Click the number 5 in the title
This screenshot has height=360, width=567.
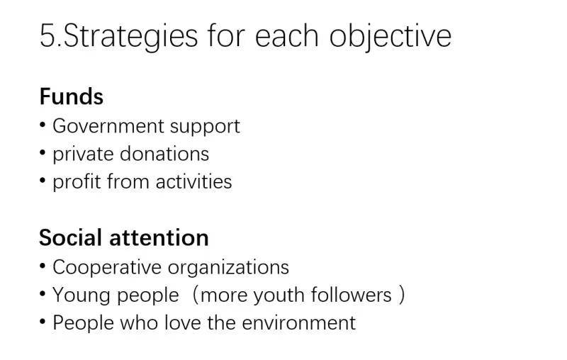(x=48, y=35)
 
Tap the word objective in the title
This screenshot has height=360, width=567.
(x=391, y=38)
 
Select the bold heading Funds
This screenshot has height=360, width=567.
(x=72, y=97)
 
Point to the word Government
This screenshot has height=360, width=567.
(x=108, y=126)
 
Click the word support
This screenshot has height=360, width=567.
(x=205, y=128)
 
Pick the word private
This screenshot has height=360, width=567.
(x=83, y=154)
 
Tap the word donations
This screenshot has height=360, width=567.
(x=164, y=154)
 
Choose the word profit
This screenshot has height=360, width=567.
(x=77, y=182)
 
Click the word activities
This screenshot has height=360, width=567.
(x=193, y=181)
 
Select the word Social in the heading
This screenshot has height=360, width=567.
(x=70, y=238)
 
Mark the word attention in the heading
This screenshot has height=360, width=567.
(x=159, y=238)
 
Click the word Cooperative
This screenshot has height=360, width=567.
(x=107, y=268)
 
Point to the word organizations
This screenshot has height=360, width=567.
(x=228, y=269)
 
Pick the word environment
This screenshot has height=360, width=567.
(x=299, y=322)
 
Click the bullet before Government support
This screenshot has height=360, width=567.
(x=43, y=125)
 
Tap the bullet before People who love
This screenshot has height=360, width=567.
(x=43, y=321)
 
